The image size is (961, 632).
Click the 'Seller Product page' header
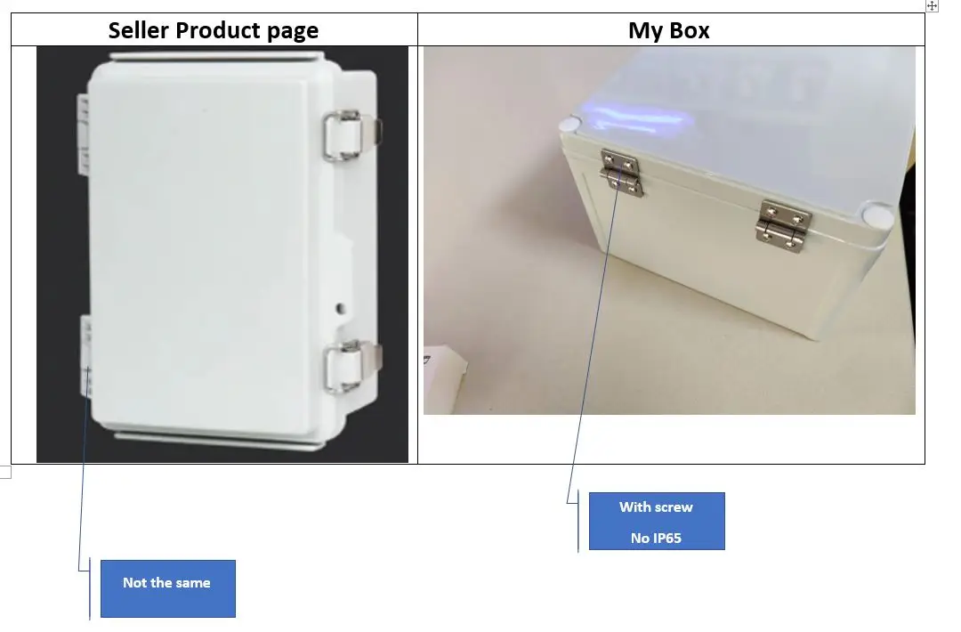click(213, 30)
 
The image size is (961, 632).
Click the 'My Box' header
click(669, 30)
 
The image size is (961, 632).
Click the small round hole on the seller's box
click(339, 310)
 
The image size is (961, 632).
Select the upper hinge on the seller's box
click(83, 134)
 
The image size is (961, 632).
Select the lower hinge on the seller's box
click(85, 356)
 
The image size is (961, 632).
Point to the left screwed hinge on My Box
click(621, 173)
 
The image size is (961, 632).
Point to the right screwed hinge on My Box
click(784, 225)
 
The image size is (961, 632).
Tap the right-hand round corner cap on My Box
click(876, 215)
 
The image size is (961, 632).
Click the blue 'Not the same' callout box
click(167, 587)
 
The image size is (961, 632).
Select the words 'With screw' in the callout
click(656, 507)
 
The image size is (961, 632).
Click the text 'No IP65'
click(656, 538)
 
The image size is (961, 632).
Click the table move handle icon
click(932, 6)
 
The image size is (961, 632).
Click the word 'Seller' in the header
click(138, 30)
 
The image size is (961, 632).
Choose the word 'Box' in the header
click(690, 30)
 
